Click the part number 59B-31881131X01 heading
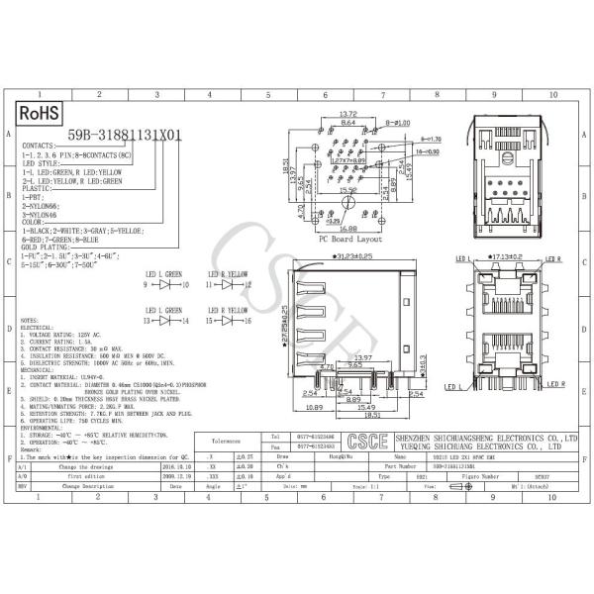tap(125, 137)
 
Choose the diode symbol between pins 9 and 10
tap(167, 284)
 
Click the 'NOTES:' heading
tap(31, 321)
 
